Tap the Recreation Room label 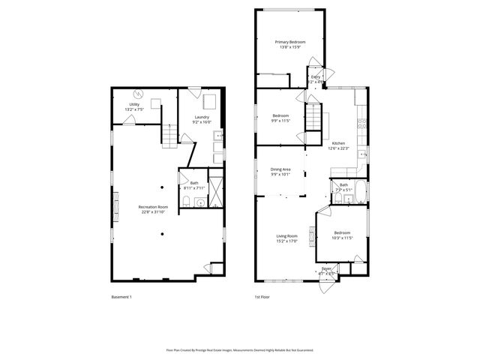152,206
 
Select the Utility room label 134,104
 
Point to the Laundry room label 202,117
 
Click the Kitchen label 338,142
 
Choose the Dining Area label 281,169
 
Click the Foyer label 326,268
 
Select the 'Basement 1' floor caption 121,297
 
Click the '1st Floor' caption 262,297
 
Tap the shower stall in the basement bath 216,191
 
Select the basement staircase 172,136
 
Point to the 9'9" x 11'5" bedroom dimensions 280,120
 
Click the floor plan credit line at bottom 240,349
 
